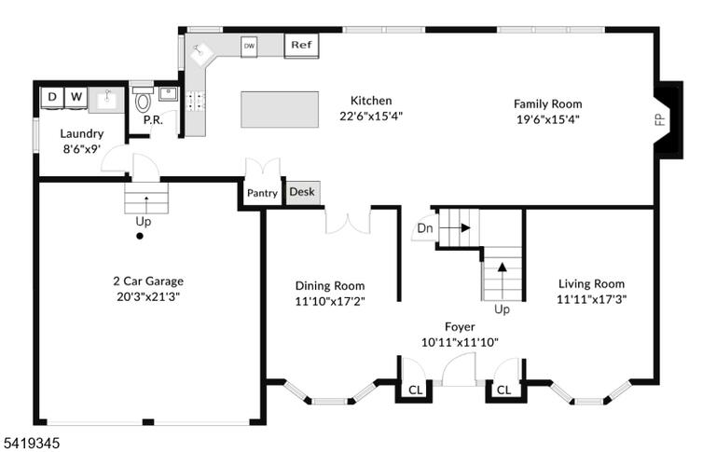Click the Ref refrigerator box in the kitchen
pyautogui.click(x=301, y=45)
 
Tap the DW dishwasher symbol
pyautogui.click(x=249, y=46)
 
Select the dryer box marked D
pyautogui.click(x=52, y=97)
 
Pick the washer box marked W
pyautogui.click(x=76, y=97)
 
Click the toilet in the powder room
pyautogui.click(x=143, y=101)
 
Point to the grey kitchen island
pyautogui.click(x=280, y=110)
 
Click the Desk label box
pyautogui.click(x=302, y=192)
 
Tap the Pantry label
pyautogui.click(x=262, y=193)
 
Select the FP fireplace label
pyautogui.click(x=660, y=119)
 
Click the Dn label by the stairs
pyautogui.click(x=425, y=227)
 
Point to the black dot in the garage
pyautogui.click(x=140, y=236)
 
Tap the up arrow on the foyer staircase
pyautogui.click(x=503, y=281)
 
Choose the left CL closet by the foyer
pyautogui.click(x=416, y=390)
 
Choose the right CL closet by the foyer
pyautogui.click(x=503, y=390)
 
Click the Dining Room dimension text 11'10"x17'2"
pyautogui.click(x=330, y=301)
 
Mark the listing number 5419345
pyautogui.click(x=32, y=443)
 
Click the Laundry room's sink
pyautogui.click(x=106, y=100)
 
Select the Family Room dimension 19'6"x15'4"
pyautogui.click(x=548, y=119)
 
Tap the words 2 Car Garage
pyautogui.click(x=148, y=281)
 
